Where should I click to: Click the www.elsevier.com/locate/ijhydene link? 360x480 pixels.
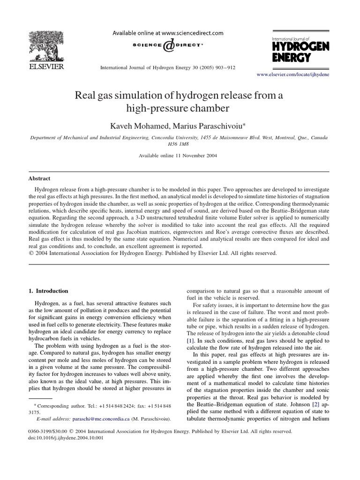click(x=293, y=75)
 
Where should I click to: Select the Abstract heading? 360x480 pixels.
click(x=40, y=179)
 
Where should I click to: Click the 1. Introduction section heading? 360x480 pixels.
click(x=48, y=291)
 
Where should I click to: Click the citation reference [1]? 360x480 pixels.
click(x=191, y=340)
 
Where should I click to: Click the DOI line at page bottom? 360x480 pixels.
click(x=66, y=438)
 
